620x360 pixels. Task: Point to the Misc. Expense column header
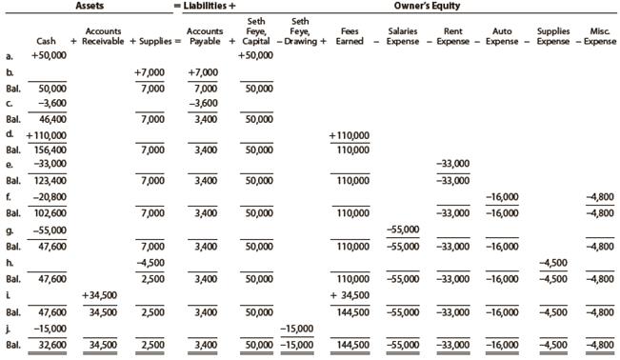[598, 37]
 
